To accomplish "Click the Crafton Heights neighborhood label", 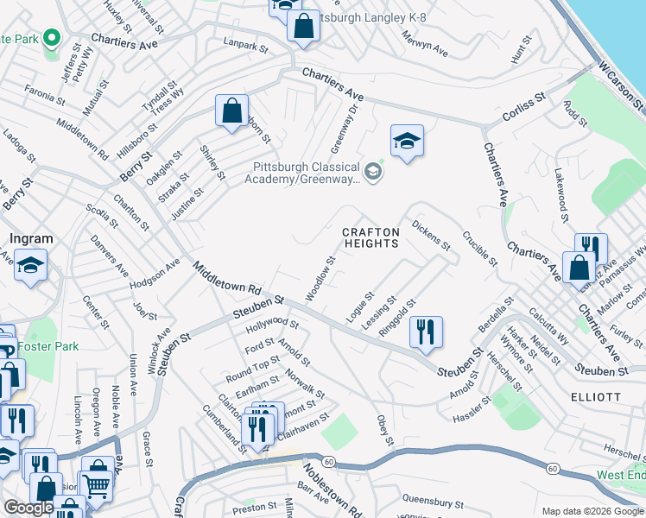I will coord(370,237).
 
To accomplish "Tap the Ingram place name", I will coord(31,238).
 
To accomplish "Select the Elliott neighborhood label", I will coord(596,396).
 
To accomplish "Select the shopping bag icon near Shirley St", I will coord(231,111).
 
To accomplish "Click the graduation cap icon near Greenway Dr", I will coord(407,141).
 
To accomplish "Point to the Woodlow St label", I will coord(320,278).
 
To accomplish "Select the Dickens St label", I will coord(431,236).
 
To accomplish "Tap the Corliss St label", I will coord(524,110).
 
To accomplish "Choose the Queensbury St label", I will coord(427,499).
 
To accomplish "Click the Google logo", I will coord(28,509).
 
